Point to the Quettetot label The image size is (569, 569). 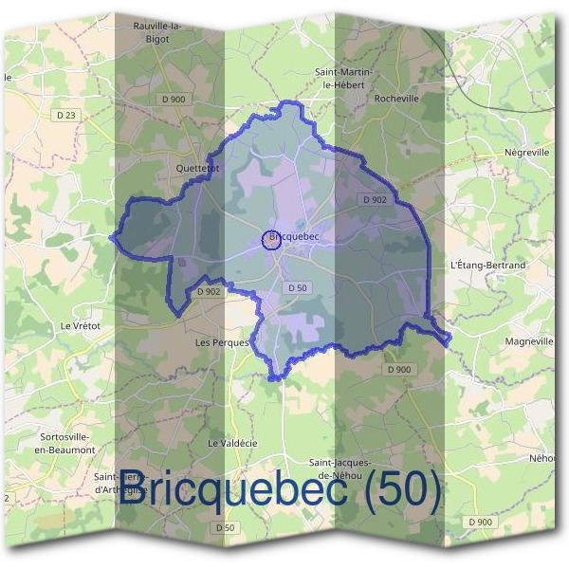(x=198, y=168)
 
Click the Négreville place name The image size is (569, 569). (x=527, y=152)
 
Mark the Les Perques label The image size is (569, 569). (x=221, y=341)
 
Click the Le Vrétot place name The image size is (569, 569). (x=81, y=325)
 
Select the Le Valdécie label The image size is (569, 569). (x=232, y=443)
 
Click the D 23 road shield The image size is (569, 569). (x=65, y=115)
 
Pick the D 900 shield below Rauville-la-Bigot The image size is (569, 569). (x=173, y=99)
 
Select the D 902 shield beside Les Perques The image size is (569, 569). (x=210, y=292)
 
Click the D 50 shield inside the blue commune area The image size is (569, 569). (x=297, y=287)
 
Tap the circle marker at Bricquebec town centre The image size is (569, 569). (x=271, y=241)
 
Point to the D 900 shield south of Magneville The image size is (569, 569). (x=400, y=369)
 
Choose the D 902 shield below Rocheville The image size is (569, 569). (x=374, y=199)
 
